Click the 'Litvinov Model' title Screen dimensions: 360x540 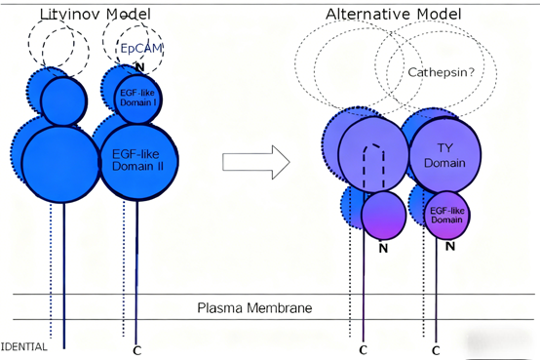tap(96, 13)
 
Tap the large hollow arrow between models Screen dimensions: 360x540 tap(256, 161)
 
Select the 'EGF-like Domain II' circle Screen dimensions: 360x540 tap(138, 159)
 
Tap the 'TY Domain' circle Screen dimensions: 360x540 tap(442, 153)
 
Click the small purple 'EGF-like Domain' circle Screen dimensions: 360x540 tap(447, 214)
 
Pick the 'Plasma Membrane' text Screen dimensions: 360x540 tap(254, 307)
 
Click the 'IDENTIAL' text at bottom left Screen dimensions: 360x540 tap(23, 346)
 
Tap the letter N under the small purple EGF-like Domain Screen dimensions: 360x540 tap(449, 247)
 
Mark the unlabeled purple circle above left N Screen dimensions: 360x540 tap(383, 213)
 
